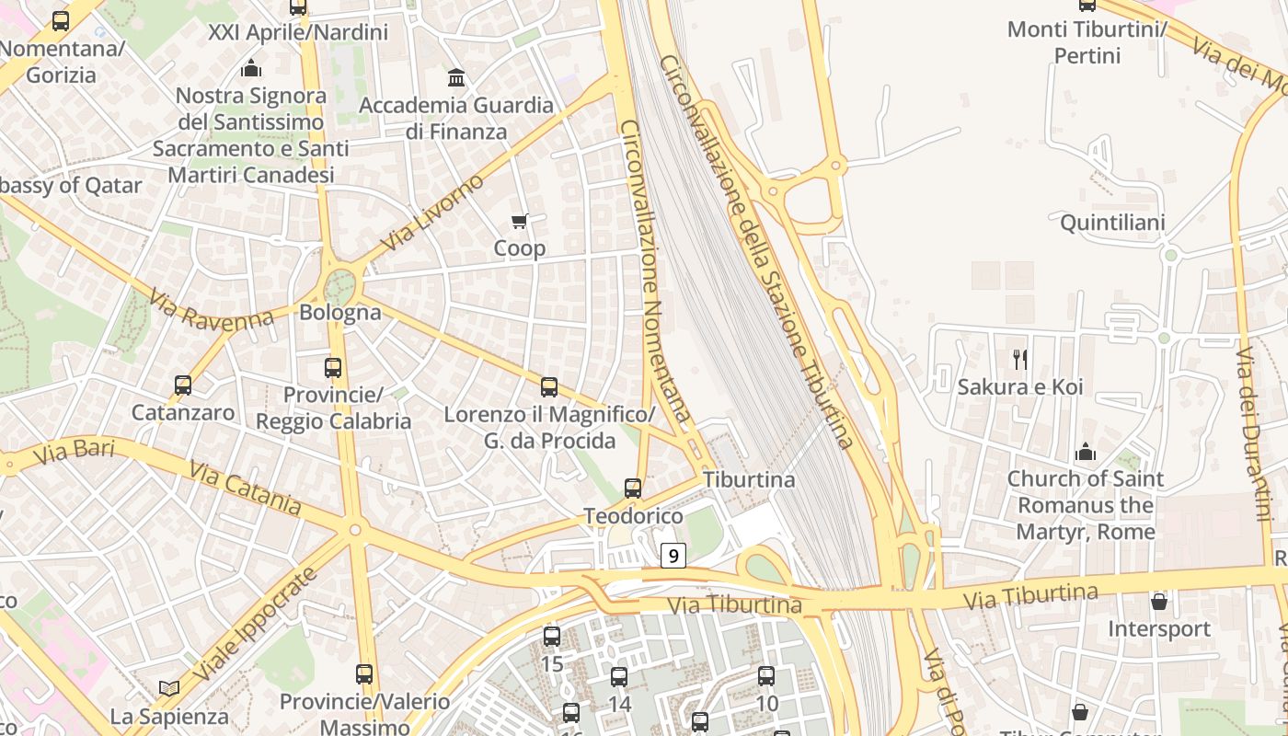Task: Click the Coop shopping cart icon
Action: tap(520, 221)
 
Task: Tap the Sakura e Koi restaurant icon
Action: tap(1019, 359)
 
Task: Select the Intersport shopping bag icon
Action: tap(1159, 602)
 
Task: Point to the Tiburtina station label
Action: tap(749, 479)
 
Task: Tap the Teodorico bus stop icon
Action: tap(633, 489)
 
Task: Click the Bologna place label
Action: tap(340, 313)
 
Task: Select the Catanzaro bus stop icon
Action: tap(183, 385)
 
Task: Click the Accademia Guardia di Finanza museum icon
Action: tap(456, 77)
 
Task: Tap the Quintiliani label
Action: tap(1112, 223)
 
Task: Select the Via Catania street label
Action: tap(245, 489)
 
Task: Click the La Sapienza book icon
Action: tap(169, 688)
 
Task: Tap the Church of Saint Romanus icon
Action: tap(1086, 452)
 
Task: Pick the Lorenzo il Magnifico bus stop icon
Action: tap(549, 387)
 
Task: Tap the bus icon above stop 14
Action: tap(619, 677)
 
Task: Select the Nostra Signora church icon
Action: tap(250, 68)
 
